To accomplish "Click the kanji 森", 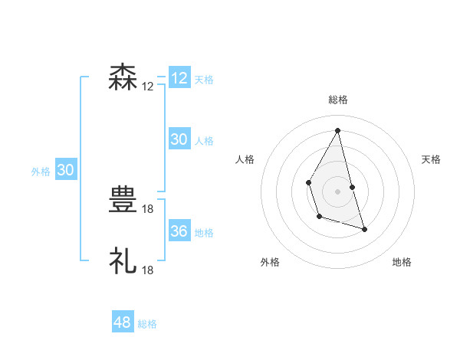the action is (x=123, y=78).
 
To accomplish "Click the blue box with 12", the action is (x=179, y=78).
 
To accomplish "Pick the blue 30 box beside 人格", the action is (x=179, y=139).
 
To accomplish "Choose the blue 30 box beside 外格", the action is (x=65, y=170).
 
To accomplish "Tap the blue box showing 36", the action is (x=179, y=231).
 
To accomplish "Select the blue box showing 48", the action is (x=123, y=322).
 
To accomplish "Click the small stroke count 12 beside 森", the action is (x=148, y=87).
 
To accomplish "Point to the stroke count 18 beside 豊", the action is (x=148, y=209).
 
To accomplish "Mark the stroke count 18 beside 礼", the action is (x=148, y=270).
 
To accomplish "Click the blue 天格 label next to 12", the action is (x=204, y=80).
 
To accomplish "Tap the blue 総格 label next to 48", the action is (x=147, y=324).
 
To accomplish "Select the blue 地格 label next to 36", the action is (x=204, y=233).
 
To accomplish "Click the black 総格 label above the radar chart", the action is (x=337, y=100).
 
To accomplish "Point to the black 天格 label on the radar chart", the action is (x=431, y=159).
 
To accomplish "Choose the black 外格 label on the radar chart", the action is (x=269, y=262).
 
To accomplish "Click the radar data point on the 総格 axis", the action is (x=337, y=130).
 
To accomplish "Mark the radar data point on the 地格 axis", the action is (x=364, y=229).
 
